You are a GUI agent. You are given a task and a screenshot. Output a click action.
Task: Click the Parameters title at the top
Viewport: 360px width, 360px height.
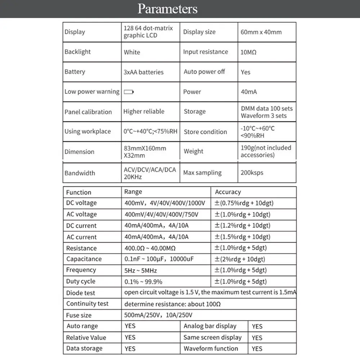click(x=167, y=9)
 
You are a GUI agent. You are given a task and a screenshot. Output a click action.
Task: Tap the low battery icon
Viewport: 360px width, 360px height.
click(x=129, y=92)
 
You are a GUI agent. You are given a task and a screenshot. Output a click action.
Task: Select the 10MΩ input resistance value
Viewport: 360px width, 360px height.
click(x=248, y=52)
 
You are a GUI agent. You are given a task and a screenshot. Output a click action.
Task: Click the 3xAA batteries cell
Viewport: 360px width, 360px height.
click(x=143, y=72)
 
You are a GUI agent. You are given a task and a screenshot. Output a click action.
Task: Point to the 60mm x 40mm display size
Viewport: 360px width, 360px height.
click(x=261, y=32)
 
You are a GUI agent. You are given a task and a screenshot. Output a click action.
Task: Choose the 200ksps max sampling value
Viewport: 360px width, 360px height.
click(x=252, y=173)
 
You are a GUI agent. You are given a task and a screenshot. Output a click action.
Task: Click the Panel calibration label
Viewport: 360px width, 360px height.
click(x=88, y=112)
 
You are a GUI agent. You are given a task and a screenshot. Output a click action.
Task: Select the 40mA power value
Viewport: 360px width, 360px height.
click(x=249, y=92)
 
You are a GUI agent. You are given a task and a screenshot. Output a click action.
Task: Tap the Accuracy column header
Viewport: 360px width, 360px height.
click(x=228, y=192)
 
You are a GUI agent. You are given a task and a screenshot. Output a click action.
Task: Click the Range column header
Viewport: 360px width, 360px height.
click(x=133, y=192)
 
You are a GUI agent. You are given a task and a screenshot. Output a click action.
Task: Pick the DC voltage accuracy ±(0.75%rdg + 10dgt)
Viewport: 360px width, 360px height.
click(x=244, y=203)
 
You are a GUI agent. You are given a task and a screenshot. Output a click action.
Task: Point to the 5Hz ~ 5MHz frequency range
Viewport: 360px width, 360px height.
click(x=140, y=270)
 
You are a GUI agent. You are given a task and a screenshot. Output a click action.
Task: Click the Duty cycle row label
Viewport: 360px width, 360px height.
click(x=81, y=282)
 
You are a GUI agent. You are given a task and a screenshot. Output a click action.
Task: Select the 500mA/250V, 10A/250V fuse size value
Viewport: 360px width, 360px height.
click(x=158, y=315)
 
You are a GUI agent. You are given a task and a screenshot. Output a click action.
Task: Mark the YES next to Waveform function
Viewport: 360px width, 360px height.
click(x=257, y=349)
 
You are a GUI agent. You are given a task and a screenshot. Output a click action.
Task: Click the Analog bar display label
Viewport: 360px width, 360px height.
click(x=210, y=326)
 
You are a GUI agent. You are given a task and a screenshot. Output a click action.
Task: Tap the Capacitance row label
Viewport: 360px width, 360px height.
click(x=84, y=259)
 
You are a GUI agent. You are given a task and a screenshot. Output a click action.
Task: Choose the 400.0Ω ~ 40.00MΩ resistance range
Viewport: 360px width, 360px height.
click(x=150, y=248)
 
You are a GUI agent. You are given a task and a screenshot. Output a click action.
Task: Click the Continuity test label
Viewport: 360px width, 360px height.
click(x=87, y=304)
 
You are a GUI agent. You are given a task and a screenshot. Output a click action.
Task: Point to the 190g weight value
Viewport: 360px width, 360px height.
click(x=266, y=151)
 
